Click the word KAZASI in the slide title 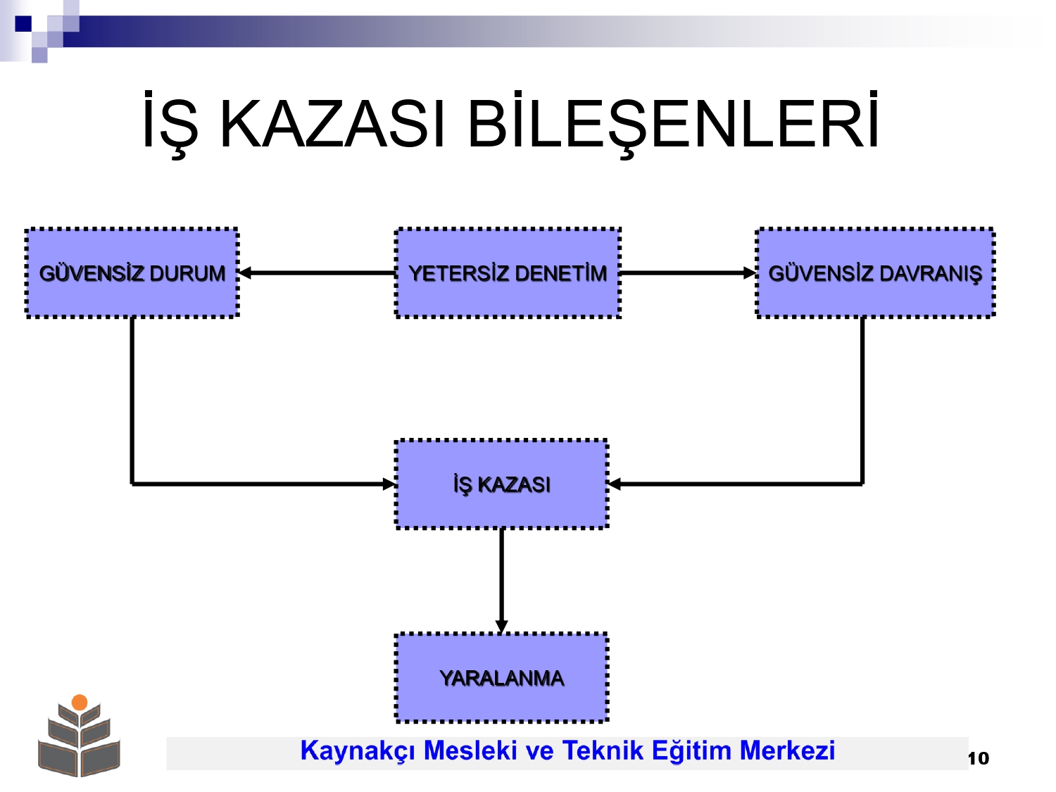click(x=332, y=123)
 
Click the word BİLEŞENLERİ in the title click(x=674, y=123)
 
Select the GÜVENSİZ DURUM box click(x=132, y=272)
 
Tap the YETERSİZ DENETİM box click(x=508, y=272)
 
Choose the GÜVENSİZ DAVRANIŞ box click(x=875, y=272)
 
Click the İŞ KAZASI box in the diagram click(x=502, y=484)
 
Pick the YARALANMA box click(x=502, y=678)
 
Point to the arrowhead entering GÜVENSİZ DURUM click(x=246, y=273)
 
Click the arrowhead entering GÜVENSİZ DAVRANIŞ click(x=750, y=273)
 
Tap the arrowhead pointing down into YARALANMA click(x=502, y=627)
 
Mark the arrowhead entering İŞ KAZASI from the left click(x=389, y=484)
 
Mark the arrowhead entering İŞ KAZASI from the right click(x=615, y=484)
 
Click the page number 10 click(x=978, y=758)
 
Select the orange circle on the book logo click(x=80, y=702)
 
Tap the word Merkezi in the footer click(x=787, y=750)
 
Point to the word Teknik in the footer click(x=603, y=750)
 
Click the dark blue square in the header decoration click(x=23, y=23)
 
